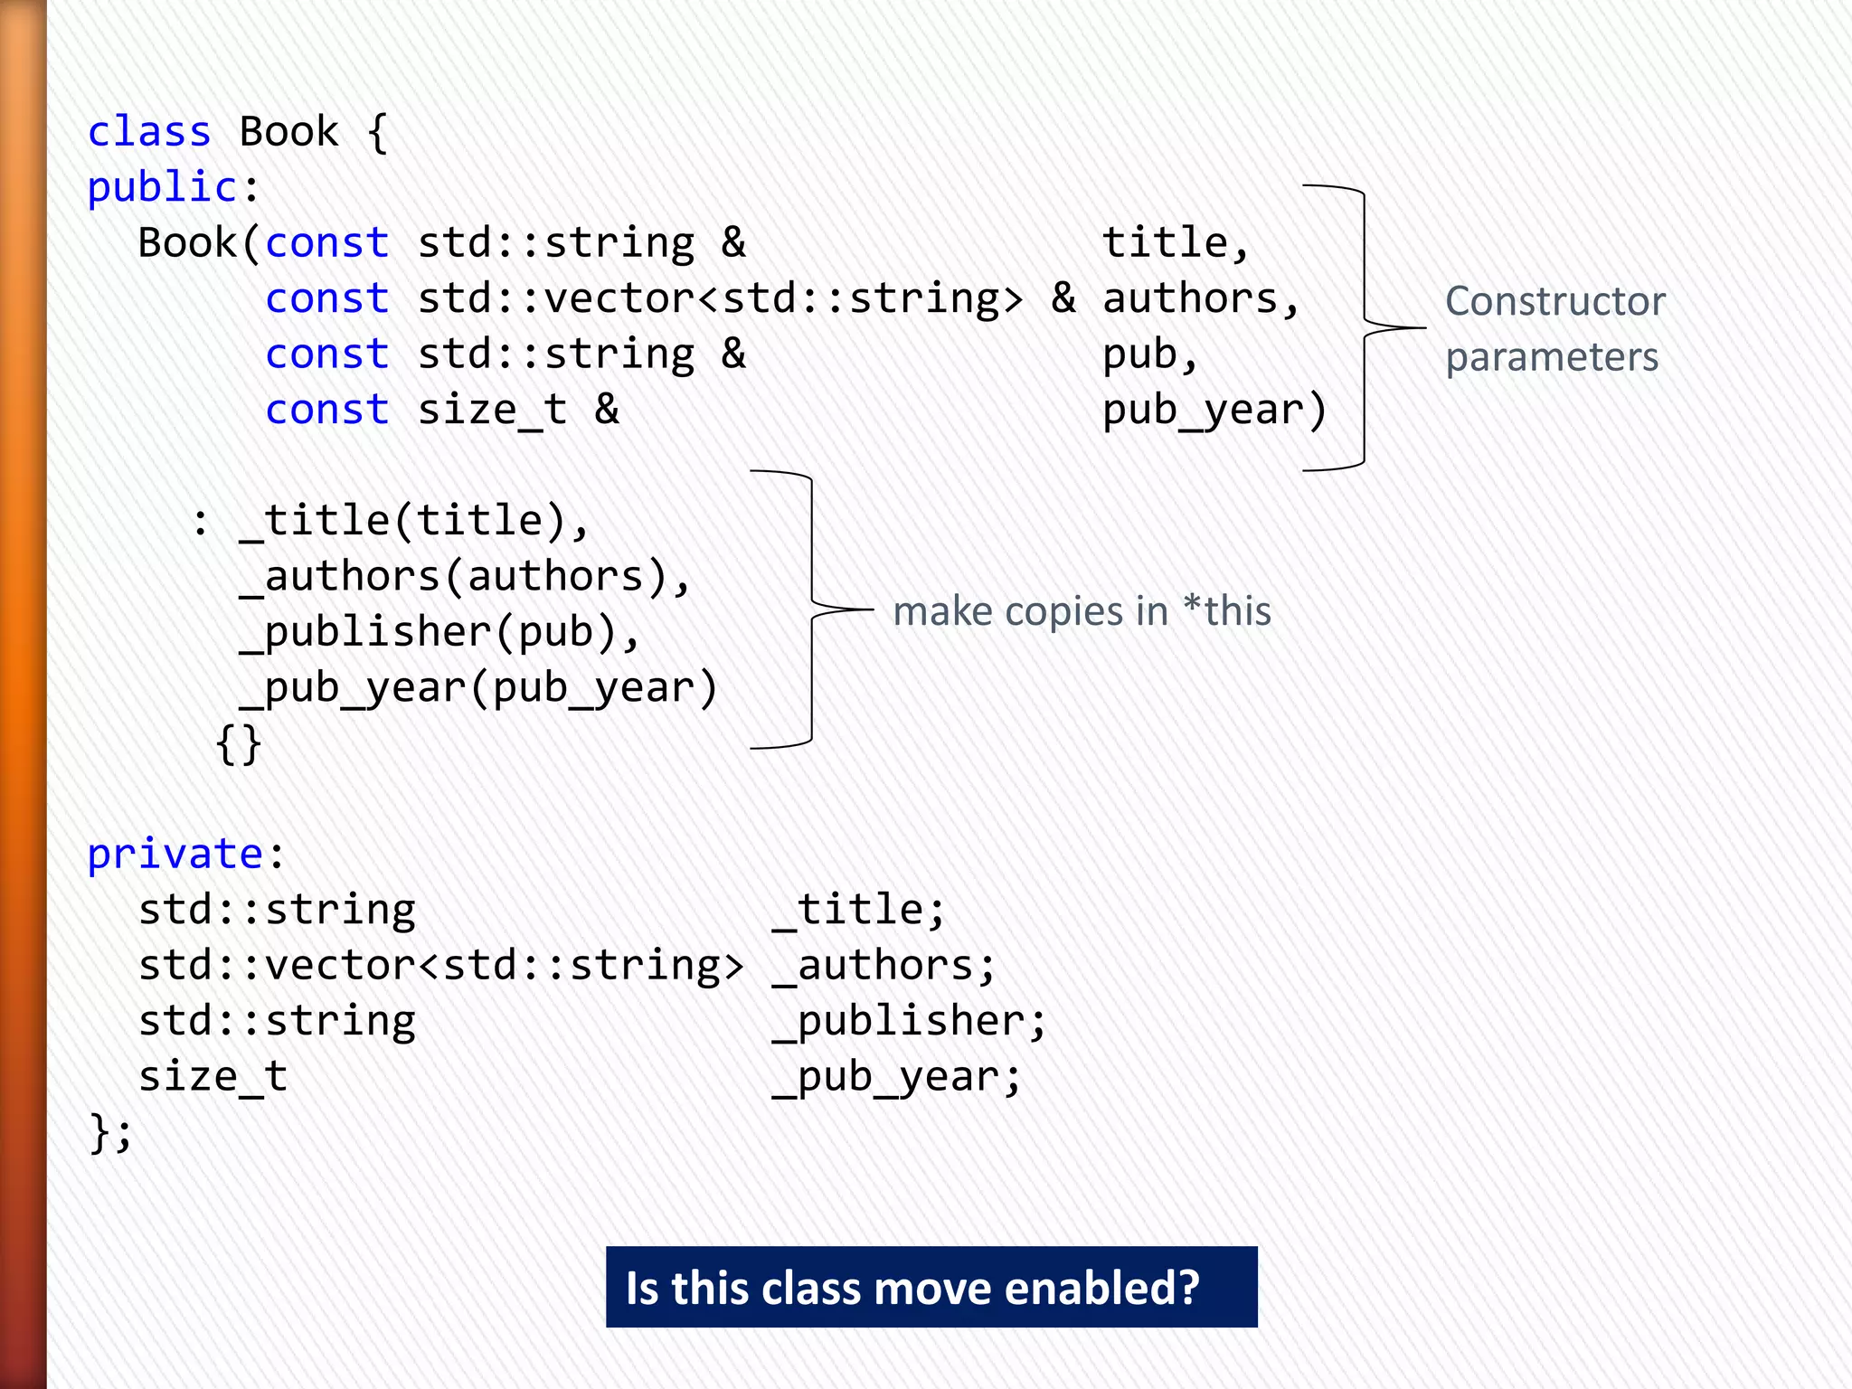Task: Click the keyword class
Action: (x=149, y=132)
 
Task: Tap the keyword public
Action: (x=162, y=188)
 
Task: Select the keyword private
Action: (x=175, y=855)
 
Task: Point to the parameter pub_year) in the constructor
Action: (x=1214, y=411)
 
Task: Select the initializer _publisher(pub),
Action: (x=439, y=633)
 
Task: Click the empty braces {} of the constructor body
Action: (x=239, y=744)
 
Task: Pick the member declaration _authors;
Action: (x=883, y=966)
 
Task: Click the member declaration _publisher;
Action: (x=909, y=1022)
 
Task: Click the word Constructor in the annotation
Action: (x=1554, y=301)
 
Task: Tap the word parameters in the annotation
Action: (x=1552, y=357)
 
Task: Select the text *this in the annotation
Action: (x=1227, y=611)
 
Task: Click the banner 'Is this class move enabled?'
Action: (x=931, y=1287)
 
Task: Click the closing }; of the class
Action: (x=110, y=1133)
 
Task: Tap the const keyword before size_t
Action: (x=326, y=411)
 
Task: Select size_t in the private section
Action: (x=213, y=1077)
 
